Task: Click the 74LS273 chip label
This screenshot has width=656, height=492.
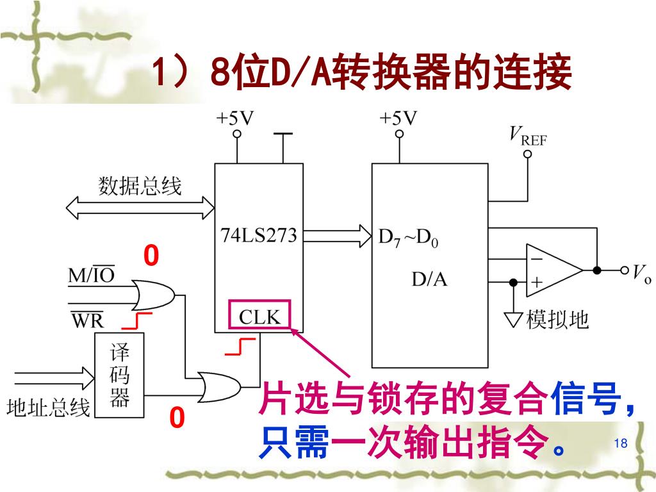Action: pos(259,235)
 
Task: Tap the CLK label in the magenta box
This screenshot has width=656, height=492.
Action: pos(259,316)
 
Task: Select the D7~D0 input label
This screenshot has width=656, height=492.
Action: pos(408,238)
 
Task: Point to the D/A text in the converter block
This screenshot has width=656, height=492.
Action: pos(429,279)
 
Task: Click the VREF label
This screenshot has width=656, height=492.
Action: pos(528,136)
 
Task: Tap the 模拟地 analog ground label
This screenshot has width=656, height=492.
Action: pos(557,320)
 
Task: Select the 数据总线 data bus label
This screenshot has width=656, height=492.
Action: pos(140,186)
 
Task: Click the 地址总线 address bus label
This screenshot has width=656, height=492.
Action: pos(48,407)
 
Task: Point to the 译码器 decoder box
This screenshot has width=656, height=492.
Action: pos(119,375)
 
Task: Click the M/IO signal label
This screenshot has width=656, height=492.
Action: pos(91,274)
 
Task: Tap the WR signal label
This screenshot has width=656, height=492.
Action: pos(87,320)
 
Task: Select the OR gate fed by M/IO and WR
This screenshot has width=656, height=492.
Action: pos(153,295)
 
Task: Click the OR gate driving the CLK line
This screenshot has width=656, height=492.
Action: pos(219,386)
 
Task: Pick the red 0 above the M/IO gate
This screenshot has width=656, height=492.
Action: pos(151,255)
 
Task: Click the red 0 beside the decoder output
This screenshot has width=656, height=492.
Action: pos(177,417)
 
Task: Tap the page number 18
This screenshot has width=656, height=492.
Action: pos(621,443)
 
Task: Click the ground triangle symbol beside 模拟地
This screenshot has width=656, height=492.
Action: pos(513,320)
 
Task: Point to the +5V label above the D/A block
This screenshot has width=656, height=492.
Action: pos(398,119)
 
